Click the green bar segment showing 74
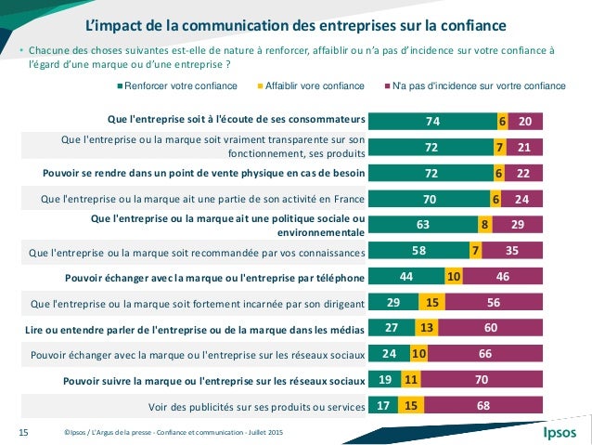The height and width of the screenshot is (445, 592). click(x=432, y=121)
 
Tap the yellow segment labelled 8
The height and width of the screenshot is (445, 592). click(x=484, y=224)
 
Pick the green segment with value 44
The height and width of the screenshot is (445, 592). click(x=406, y=276)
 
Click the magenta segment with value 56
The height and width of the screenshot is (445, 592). click(x=494, y=302)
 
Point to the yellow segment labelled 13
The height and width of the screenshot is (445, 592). click(x=426, y=328)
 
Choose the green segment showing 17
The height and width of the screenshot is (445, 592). click(x=383, y=406)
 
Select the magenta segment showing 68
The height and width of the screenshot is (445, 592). click(x=483, y=406)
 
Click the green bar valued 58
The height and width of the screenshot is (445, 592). click(x=419, y=250)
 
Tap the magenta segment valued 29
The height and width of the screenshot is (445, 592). click(x=517, y=224)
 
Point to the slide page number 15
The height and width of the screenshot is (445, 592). click(x=25, y=431)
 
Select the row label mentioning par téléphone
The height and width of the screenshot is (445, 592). click(x=215, y=276)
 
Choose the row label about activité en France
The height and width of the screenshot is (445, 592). click(x=205, y=198)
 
